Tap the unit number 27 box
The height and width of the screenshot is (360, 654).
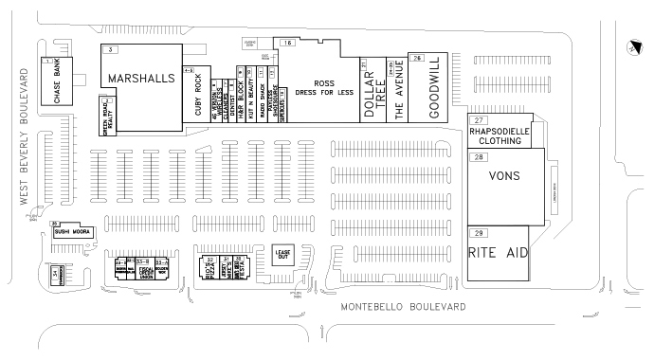click(480, 120)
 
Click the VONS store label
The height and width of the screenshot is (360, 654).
click(504, 176)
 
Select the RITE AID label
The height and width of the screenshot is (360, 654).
click(498, 254)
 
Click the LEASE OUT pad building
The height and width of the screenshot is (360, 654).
click(282, 256)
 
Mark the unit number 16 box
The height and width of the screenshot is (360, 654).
click(286, 44)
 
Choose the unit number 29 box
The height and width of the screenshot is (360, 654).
click(480, 233)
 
